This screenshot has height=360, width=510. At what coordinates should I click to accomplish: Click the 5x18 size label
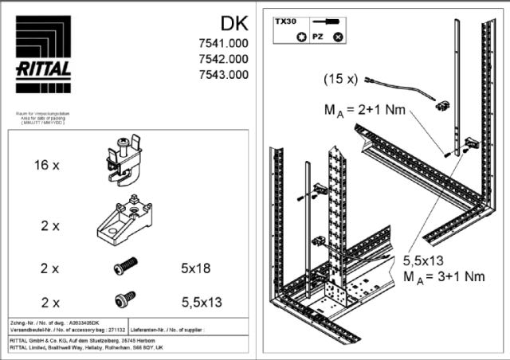[195, 268]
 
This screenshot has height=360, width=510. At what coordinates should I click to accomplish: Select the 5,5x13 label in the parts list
[200, 302]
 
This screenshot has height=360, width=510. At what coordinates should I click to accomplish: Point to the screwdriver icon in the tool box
[328, 23]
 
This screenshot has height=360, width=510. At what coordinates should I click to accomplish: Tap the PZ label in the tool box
[317, 37]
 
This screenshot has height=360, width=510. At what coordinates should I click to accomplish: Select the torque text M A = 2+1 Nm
[367, 109]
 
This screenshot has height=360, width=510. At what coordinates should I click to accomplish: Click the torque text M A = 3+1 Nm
[443, 276]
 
